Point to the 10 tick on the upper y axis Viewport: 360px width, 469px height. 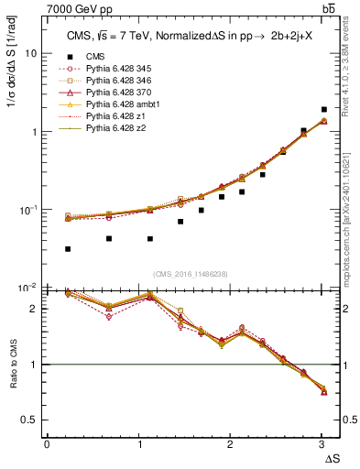(31, 53)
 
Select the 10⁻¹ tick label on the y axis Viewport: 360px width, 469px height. (28, 209)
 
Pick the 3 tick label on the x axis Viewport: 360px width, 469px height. (322, 443)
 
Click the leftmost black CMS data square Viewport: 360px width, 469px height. (68, 249)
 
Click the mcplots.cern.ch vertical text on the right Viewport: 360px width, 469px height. (349, 215)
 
